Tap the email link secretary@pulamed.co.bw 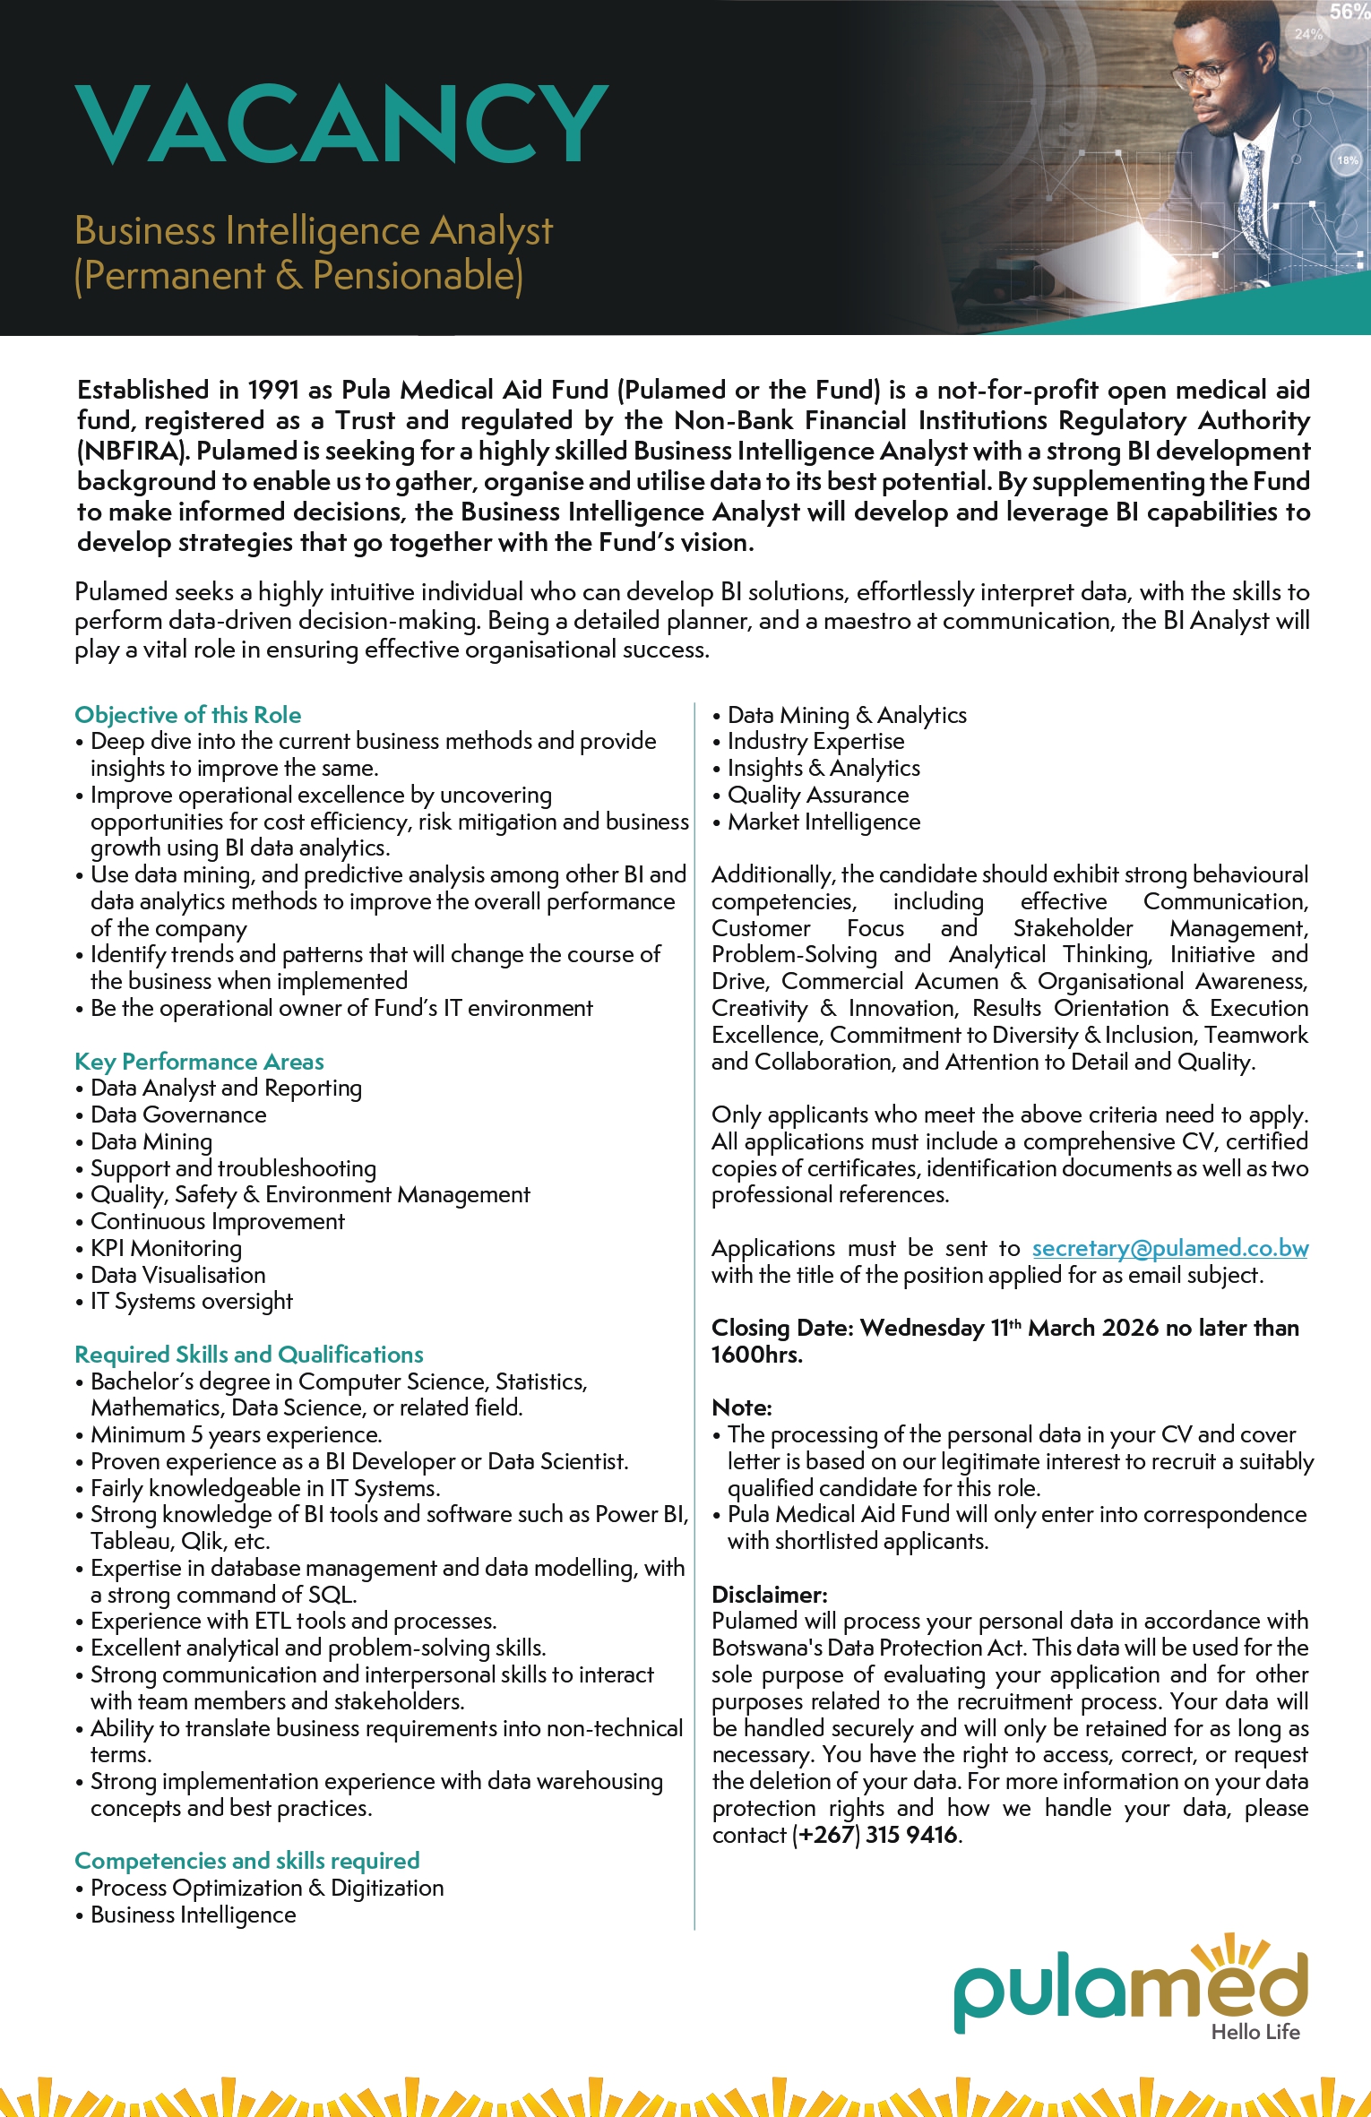[x=1169, y=1248]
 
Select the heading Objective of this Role [x=188, y=715]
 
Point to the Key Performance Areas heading [x=199, y=1062]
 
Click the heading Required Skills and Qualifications [x=249, y=1355]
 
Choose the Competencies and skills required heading [x=247, y=1861]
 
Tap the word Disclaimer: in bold [x=770, y=1595]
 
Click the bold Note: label [x=742, y=1407]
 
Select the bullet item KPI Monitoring [x=166, y=1248]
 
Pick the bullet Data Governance [x=178, y=1114]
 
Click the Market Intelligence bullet [x=823, y=822]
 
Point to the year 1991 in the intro [x=273, y=390]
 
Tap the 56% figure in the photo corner [x=1349, y=12]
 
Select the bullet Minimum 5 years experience [x=236, y=1434]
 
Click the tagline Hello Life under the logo [x=1255, y=2032]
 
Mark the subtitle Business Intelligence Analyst [x=314, y=231]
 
